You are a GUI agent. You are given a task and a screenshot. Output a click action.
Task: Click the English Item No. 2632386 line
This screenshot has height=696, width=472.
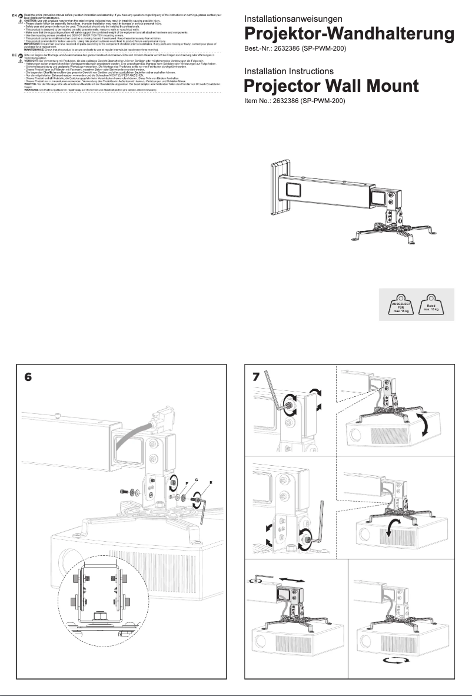[x=294, y=101]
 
